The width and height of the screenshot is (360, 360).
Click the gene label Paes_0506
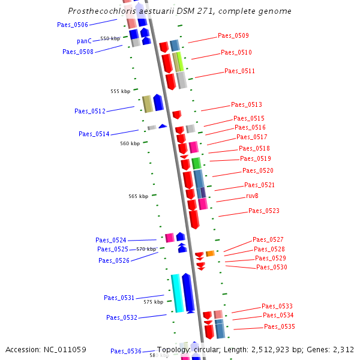coord(73,25)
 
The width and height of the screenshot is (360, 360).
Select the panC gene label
coord(84,41)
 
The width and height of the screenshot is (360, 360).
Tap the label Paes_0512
coord(90,111)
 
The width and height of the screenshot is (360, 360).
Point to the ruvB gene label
coord(252,196)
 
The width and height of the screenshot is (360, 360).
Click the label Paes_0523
coord(264,211)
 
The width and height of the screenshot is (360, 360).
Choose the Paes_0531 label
coord(119,298)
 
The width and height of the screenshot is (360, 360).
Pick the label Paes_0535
coord(280,326)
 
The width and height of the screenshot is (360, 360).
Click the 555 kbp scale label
coord(120,91)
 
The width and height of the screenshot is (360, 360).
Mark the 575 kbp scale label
coord(154,302)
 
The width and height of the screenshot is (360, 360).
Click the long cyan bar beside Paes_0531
coord(177,293)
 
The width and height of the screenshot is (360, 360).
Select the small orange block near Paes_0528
coord(210,254)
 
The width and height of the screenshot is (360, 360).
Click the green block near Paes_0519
coord(196,163)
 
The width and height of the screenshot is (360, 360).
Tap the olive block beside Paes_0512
coord(147,104)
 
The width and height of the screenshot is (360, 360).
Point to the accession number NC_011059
coord(62,349)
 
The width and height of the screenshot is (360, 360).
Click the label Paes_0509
coord(233,35)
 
